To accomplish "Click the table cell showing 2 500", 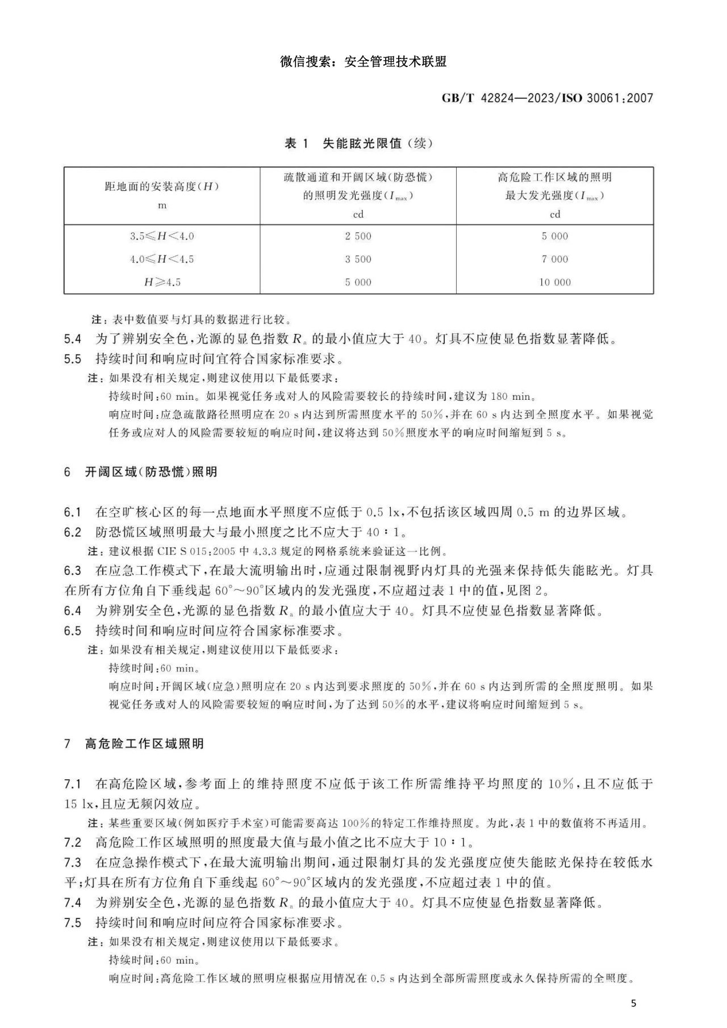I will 358,236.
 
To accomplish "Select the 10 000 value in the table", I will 555,282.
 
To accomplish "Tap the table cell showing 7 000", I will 555,259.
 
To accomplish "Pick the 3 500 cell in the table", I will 358,259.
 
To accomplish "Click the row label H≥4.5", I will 162,282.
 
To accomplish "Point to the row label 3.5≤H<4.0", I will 162,236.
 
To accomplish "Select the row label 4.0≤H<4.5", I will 162,259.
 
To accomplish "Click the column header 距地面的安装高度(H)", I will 162,187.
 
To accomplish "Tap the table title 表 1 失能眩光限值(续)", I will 358,144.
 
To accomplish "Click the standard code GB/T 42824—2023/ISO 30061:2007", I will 547,98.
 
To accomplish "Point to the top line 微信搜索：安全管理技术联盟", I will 363,61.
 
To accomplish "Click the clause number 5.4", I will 73,340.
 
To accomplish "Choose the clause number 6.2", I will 73,532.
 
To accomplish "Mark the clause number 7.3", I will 73,863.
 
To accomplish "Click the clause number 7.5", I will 73,922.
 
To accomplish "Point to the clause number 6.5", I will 73,630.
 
